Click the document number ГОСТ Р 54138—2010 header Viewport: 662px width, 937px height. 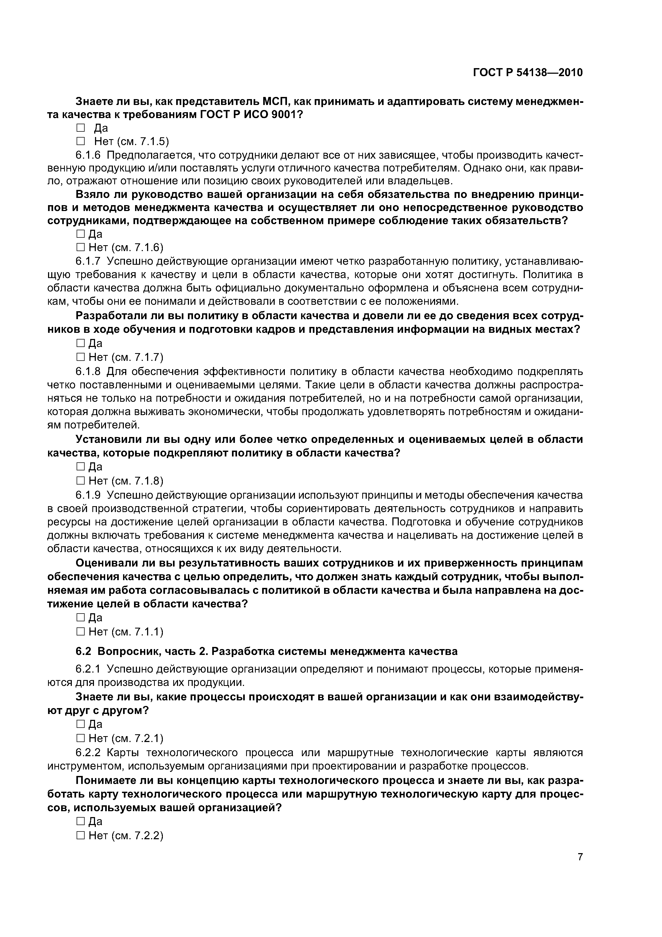point(528,73)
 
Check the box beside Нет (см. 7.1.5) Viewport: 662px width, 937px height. point(80,141)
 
